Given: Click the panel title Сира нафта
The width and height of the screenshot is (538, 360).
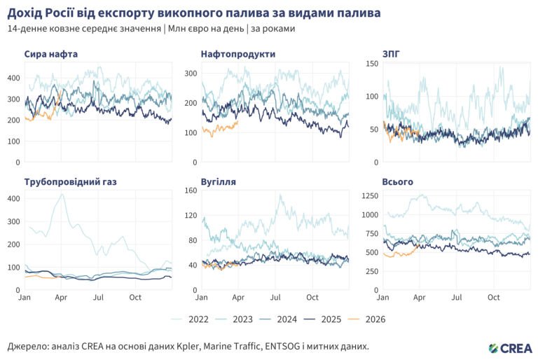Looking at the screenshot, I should click(50, 54).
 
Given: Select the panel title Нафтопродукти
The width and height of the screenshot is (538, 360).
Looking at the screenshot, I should click(237, 54).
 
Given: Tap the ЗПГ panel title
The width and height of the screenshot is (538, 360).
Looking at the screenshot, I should click(391, 54).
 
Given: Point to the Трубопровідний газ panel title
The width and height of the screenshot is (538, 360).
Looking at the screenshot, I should click(70, 182).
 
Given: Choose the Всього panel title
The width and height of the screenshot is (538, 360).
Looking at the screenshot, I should click(397, 182).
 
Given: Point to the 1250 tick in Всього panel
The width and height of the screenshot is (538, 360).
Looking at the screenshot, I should click(368, 195).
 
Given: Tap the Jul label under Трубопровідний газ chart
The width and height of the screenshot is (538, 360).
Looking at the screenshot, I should click(98, 297).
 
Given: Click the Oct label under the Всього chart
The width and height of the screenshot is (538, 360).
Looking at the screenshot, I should click(494, 297).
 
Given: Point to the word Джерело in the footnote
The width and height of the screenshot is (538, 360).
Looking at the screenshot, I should click(27, 347).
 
